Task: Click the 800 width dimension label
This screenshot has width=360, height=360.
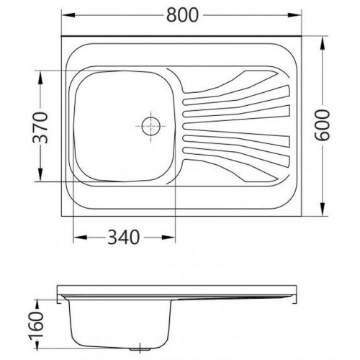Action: pyautogui.click(x=183, y=15)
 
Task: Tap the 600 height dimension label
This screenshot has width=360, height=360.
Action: pyautogui.click(x=323, y=125)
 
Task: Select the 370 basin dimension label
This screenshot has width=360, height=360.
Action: pyautogui.click(x=40, y=127)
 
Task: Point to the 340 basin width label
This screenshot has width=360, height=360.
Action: pyautogui.click(x=124, y=238)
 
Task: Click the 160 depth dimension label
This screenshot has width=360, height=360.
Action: pyautogui.click(x=37, y=325)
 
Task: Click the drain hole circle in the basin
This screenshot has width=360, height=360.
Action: pyautogui.click(x=151, y=126)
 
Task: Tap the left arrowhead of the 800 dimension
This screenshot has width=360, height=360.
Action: pyautogui.click(x=69, y=15)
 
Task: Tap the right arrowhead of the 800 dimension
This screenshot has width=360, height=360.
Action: pyautogui.click(x=294, y=15)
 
